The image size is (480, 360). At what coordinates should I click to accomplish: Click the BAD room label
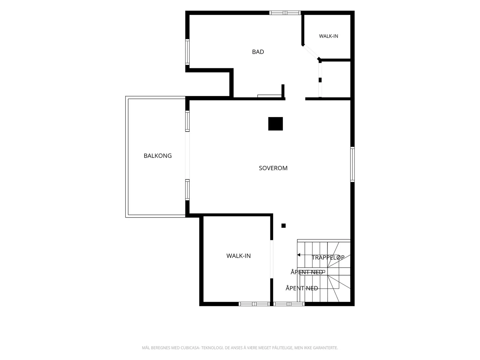click(258, 52)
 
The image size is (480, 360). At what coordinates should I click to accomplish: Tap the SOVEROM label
click(273, 168)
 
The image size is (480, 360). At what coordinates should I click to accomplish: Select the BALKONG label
click(158, 156)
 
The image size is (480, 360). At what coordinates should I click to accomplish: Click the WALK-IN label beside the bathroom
click(328, 36)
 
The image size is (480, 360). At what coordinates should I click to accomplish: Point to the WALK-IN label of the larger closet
click(238, 256)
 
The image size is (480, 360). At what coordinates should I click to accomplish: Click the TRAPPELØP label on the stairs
click(328, 257)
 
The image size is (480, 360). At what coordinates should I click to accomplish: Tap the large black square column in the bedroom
click(275, 124)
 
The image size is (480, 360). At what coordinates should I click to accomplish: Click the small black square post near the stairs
click(283, 226)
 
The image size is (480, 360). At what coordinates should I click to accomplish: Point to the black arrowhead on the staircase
click(299, 255)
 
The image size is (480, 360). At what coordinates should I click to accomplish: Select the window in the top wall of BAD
click(285, 13)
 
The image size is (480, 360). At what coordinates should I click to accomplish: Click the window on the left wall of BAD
click(187, 52)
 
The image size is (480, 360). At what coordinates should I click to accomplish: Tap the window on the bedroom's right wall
click(352, 164)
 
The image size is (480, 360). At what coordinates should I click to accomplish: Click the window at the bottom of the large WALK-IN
click(254, 304)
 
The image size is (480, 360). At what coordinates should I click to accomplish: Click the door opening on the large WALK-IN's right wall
click(271, 259)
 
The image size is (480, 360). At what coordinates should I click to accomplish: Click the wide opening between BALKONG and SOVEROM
click(187, 155)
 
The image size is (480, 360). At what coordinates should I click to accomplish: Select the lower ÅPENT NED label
click(302, 288)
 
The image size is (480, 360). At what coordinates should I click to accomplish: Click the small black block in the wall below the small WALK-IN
click(320, 80)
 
